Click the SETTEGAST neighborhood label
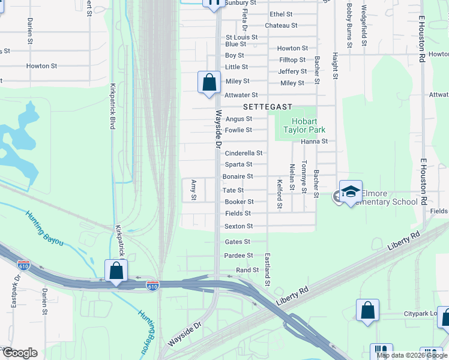coord(268,107)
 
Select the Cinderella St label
coord(244,153)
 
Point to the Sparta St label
coord(238,164)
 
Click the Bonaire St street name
coord(238,176)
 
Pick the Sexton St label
coord(238,226)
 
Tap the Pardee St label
coord(238,256)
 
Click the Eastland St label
coord(268,268)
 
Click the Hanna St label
coord(315,142)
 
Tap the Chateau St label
coord(281,25)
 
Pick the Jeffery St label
coord(292,71)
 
